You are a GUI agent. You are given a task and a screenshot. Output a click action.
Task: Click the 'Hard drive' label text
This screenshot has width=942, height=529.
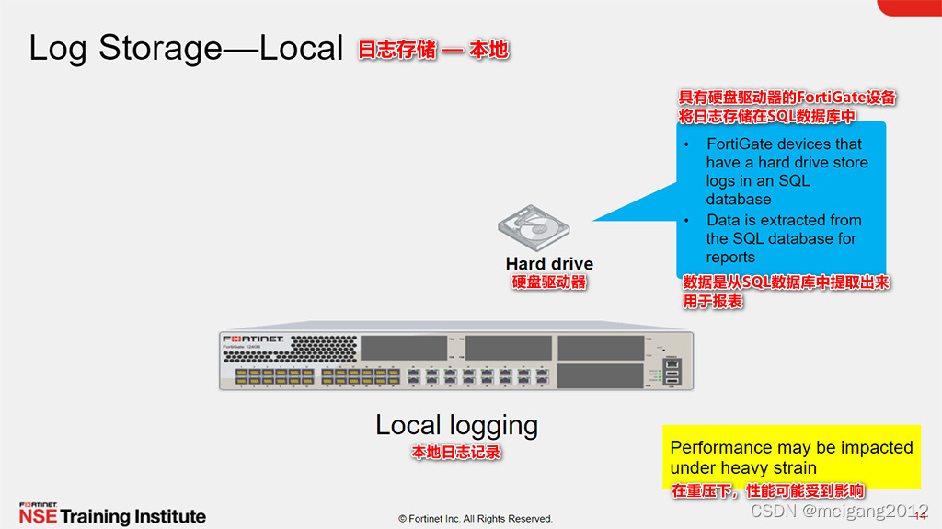pos(549,264)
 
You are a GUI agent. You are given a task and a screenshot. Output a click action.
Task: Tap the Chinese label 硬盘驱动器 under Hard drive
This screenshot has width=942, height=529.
pos(549,282)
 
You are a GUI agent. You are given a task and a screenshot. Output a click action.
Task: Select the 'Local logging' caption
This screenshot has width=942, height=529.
pos(456,425)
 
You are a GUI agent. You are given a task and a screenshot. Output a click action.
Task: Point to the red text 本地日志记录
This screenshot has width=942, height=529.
pos(456,453)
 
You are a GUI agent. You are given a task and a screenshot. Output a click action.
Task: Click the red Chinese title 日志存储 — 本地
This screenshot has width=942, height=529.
pos(432,50)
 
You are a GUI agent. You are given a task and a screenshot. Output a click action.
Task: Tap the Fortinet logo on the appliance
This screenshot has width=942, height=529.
pos(258,340)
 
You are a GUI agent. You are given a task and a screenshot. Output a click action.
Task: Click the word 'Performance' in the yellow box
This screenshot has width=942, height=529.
pos(721,448)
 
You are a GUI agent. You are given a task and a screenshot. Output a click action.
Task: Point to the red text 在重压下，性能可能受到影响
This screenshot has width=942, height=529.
pos(768,491)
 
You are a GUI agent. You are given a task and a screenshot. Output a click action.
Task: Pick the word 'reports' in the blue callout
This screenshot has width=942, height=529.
pos(730,258)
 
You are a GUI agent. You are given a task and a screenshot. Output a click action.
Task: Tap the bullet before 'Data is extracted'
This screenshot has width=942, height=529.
pos(686,221)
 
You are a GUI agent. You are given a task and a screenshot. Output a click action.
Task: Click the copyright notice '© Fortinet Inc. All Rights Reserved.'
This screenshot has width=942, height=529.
pos(476,519)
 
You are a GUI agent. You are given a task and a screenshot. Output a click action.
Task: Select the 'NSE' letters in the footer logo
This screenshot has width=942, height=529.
pos(38,517)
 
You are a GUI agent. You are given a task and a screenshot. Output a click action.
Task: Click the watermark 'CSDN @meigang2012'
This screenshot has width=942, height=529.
pos(839,511)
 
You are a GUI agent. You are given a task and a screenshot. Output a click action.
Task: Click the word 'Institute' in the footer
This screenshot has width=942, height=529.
pos(170,517)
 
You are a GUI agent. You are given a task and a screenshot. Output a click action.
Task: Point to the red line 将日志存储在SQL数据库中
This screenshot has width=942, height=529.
pos(767,116)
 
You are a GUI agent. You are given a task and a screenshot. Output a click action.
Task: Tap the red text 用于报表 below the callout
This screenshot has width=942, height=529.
pos(713,301)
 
